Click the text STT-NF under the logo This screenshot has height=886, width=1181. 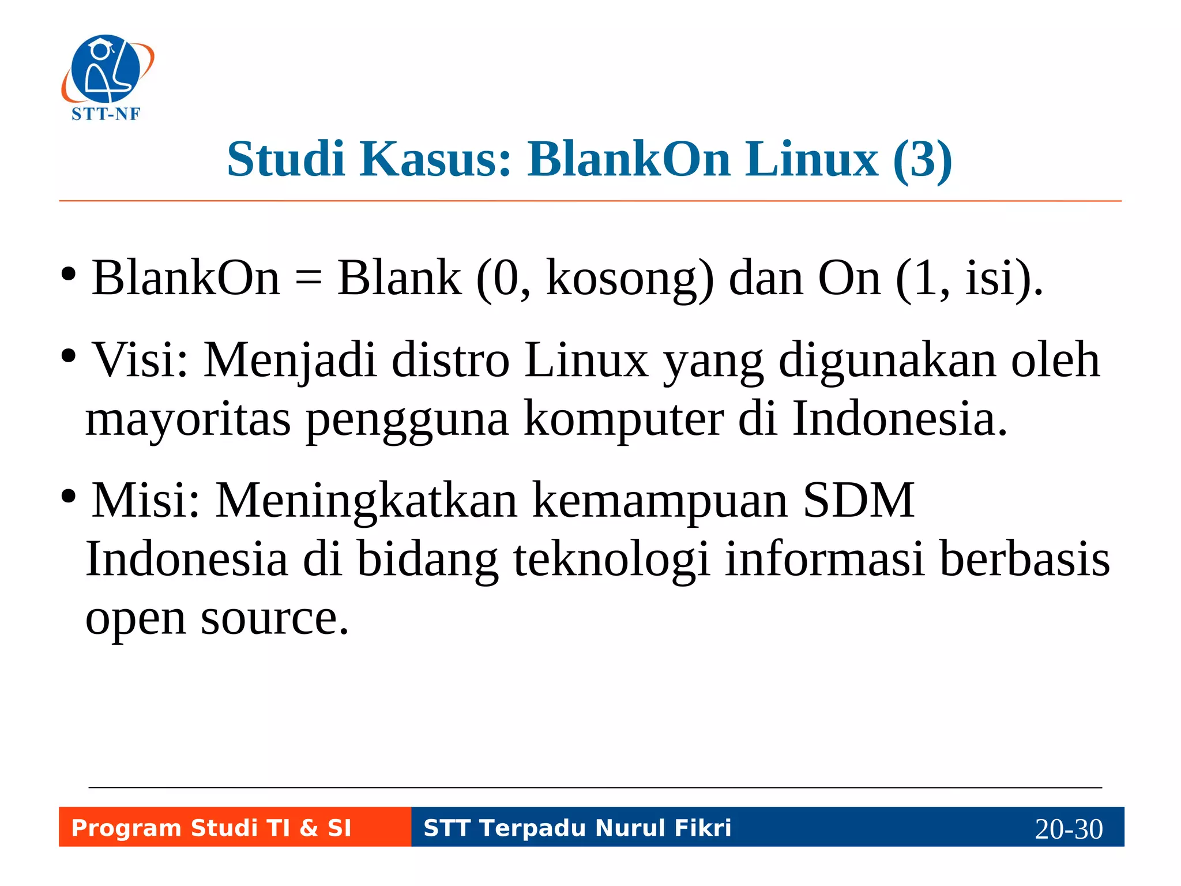point(106,114)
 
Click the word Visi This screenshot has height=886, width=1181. point(140,360)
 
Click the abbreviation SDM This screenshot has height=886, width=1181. point(858,500)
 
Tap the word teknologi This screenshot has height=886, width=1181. point(611,560)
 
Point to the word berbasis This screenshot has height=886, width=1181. point(1024,558)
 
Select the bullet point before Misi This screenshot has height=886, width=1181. point(69,497)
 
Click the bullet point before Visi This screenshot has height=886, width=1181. point(69,356)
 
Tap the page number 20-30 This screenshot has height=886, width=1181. point(1069,829)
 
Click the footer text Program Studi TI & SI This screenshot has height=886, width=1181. point(211,828)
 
